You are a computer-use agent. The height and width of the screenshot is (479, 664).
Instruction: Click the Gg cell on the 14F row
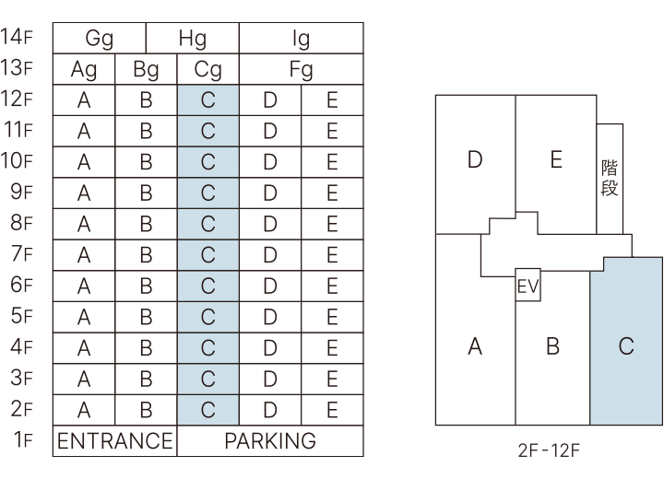(x=100, y=39)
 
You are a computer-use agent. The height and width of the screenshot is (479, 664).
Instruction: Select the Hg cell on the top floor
(x=193, y=39)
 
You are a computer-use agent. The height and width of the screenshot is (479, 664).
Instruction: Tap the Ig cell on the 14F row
(x=301, y=39)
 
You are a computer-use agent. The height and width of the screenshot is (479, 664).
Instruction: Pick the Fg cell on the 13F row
(x=301, y=69)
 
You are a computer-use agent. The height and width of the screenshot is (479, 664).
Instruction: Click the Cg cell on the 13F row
(x=207, y=69)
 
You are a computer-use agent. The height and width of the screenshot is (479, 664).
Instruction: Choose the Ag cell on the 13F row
(x=84, y=69)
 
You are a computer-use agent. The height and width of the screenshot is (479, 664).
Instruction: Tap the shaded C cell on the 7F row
(x=207, y=254)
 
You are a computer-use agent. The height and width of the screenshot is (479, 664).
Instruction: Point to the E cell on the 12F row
(x=332, y=99)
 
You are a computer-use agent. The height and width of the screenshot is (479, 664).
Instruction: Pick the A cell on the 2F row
(x=84, y=409)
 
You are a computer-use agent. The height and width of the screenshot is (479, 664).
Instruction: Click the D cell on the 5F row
(x=270, y=316)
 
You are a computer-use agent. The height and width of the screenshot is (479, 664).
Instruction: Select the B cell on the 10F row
(x=146, y=161)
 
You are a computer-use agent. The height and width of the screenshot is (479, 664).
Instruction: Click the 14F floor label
(x=18, y=39)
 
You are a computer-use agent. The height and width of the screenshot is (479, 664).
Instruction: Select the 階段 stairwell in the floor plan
(x=610, y=179)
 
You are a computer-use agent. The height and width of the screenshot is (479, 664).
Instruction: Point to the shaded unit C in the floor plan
(x=626, y=345)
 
